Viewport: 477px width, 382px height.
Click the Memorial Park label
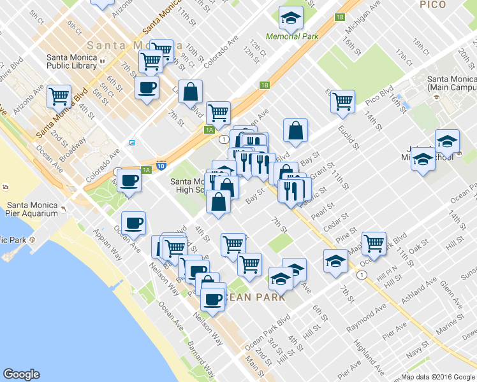point(291,36)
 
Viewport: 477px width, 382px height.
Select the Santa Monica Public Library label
point(71,61)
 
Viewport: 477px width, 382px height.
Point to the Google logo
point(21,374)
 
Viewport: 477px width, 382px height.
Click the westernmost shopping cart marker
point(59,96)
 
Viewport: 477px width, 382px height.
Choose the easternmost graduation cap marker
point(448,141)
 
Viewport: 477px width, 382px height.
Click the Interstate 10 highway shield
point(161,166)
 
